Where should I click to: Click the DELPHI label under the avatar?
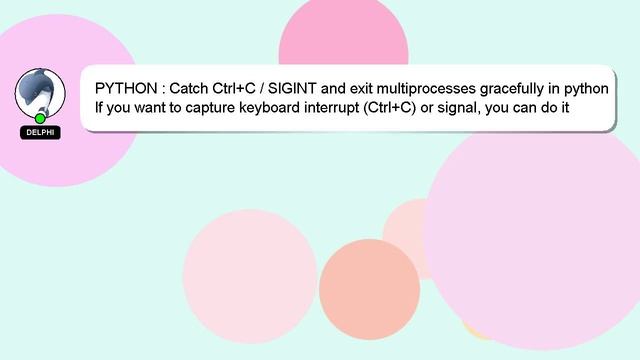40,132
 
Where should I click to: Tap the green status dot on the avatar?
40,118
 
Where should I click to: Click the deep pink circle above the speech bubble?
343,40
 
